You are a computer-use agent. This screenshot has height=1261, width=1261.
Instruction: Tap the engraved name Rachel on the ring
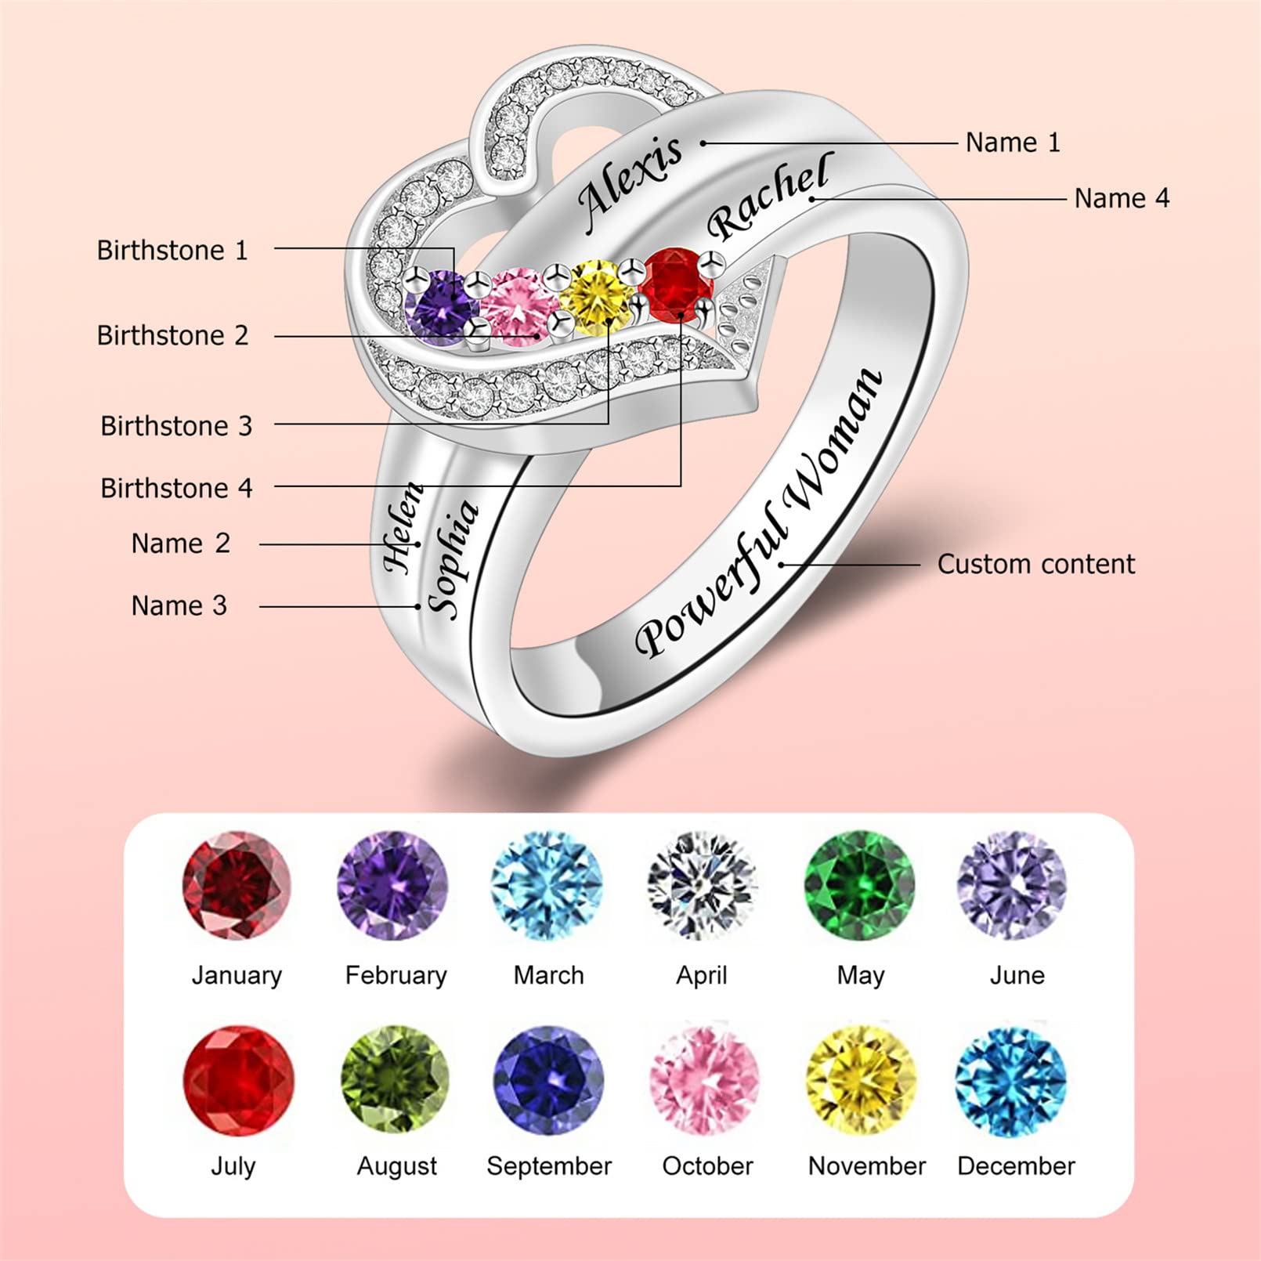pos(768,196)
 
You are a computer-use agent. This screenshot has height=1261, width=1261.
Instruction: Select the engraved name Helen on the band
pos(403,528)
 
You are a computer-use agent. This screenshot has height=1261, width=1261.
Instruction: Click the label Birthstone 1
pos(172,251)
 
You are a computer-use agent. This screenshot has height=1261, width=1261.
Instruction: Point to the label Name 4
pos(1122,198)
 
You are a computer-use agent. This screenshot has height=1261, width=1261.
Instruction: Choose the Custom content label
pos(1035,564)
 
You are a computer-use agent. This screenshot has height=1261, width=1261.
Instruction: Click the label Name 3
pos(179,605)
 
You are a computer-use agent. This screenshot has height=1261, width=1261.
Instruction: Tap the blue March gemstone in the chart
pos(547,885)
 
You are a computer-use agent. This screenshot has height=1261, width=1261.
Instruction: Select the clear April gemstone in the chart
pos(702,885)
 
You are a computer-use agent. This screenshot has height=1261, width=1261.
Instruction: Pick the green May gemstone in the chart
pos(859,885)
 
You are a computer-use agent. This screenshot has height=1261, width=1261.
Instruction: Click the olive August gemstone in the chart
pos(396,1079)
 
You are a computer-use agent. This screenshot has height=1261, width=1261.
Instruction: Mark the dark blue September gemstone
pos(548,1079)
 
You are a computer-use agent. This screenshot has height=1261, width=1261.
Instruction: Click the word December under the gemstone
pos(1016,1165)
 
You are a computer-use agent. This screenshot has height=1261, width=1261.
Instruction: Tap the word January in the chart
pos(237,975)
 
